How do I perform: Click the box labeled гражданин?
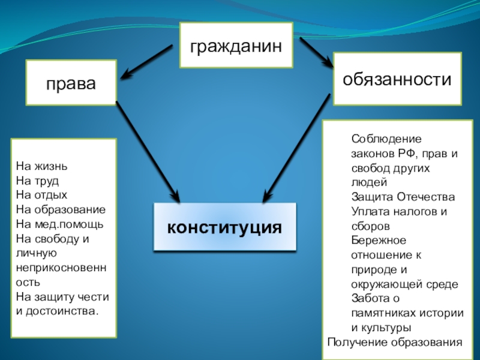click(236, 45)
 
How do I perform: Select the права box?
click(71, 83)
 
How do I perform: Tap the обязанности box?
click(397, 79)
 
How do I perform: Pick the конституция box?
click(225, 227)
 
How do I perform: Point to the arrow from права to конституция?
click(147, 150)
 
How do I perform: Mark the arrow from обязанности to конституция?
click(297, 150)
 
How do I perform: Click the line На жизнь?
click(37, 166)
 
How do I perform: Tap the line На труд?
click(37, 180)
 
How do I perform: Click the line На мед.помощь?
click(60, 224)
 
